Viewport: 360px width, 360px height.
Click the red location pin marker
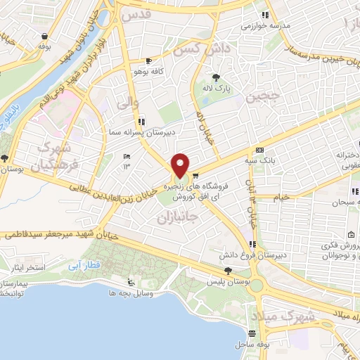click(x=181, y=166)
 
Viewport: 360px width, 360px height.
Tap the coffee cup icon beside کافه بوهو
click(x=149, y=60)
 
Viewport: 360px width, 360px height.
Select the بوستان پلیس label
click(x=229, y=281)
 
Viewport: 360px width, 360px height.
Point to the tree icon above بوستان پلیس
click(x=227, y=270)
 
